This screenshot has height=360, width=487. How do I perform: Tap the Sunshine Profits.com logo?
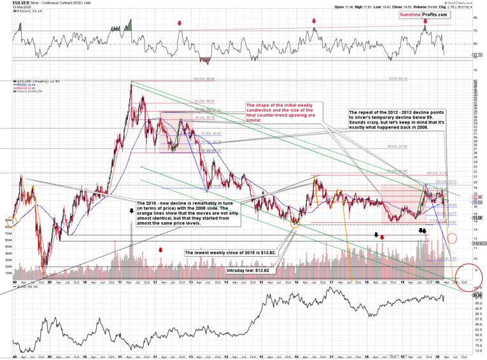pyautogui.click(x=423, y=14)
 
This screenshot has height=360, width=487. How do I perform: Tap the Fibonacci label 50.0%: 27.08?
pyautogui.click(x=396, y=146)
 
